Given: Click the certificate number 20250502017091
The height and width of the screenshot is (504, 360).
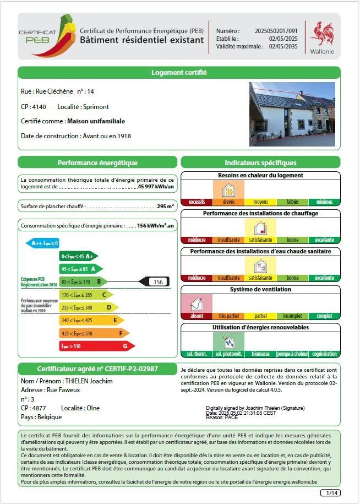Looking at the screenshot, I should tap(276, 31).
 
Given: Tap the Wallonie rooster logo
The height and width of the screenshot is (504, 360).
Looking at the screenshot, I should tap(322, 34).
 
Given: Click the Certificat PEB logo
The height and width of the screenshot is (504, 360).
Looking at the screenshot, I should tap(46, 36).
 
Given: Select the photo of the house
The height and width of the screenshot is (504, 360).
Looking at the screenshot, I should tap(292, 114).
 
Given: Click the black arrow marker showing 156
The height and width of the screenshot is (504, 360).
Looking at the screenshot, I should tap(154, 281).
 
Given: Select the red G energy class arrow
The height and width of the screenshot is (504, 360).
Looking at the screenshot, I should tap(96, 346).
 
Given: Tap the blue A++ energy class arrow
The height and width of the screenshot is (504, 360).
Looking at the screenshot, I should tap(42, 243).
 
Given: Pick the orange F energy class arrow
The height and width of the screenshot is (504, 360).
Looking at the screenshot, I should tap(94, 333).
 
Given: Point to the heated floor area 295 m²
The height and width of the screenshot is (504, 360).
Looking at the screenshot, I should tap(166, 206).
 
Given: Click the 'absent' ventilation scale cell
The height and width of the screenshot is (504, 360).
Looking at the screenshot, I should tap(197, 316).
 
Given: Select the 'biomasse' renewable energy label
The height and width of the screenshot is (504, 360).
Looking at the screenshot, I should tap(260, 354).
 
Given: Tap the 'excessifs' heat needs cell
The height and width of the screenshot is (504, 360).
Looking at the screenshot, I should tap(197, 202).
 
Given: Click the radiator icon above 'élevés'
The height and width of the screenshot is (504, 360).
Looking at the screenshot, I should tap(228, 191).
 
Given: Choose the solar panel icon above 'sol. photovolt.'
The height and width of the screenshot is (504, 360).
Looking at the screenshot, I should tap(228, 342).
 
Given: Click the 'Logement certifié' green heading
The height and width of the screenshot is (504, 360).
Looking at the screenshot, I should tap(179, 73).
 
